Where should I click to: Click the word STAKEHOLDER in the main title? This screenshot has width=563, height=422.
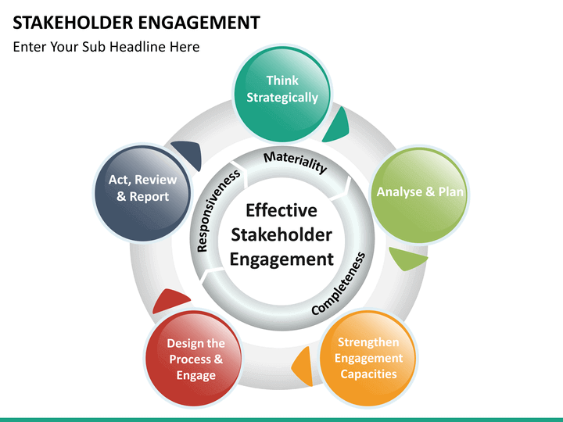point(73,23)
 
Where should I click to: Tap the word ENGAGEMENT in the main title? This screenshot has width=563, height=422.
point(199,23)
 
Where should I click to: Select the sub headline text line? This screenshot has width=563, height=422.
point(106,47)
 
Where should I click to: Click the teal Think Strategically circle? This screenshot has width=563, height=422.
point(282,92)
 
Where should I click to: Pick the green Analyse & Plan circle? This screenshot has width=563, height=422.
point(419,195)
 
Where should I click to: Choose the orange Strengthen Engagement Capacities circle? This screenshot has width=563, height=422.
point(368,358)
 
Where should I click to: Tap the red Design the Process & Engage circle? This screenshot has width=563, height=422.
point(194,358)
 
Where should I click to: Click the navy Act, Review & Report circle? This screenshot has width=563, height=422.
point(142,192)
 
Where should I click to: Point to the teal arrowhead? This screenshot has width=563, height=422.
point(337,126)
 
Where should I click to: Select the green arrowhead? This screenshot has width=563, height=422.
point(407,258)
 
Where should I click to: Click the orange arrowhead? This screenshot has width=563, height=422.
point(302,366)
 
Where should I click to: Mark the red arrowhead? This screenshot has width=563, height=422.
point(170,301)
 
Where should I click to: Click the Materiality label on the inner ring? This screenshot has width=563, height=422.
point(295,163)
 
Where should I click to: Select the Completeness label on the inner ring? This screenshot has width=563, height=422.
point(339,284)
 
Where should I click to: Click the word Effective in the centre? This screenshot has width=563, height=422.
point(281,210)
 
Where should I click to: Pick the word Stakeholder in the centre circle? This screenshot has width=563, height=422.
point(281,235)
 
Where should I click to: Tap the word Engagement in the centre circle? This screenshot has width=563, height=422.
point(281,259)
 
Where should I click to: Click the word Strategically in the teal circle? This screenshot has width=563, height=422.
point(282,98)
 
